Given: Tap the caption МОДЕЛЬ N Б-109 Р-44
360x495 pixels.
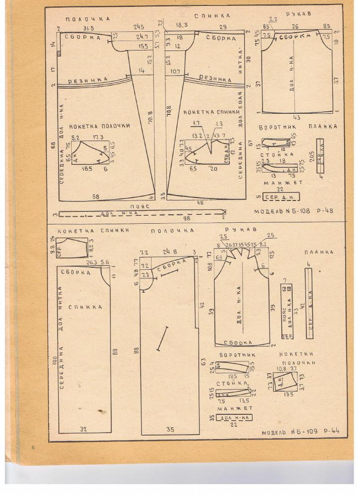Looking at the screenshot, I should [x=301, y=433].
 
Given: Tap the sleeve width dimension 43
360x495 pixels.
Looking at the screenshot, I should [x=296, y=117].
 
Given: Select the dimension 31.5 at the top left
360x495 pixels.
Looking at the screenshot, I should [x=90, y=28].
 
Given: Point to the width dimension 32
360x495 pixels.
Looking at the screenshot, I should [x=84, y=429].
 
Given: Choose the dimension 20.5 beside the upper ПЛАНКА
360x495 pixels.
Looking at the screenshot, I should [x=311, y=156].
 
